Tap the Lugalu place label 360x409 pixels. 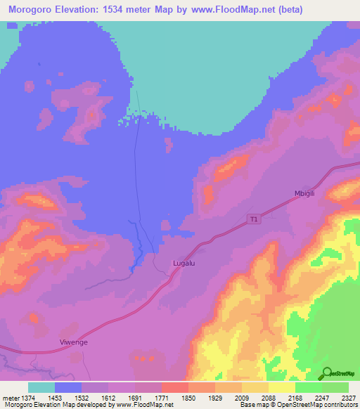(x=184, y=264)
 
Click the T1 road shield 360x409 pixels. (x=254, y=219)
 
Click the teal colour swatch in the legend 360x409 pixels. (x=41, y=387)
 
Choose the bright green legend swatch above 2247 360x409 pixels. (x=309, y=387)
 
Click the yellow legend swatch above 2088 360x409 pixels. (x=255, y=387)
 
